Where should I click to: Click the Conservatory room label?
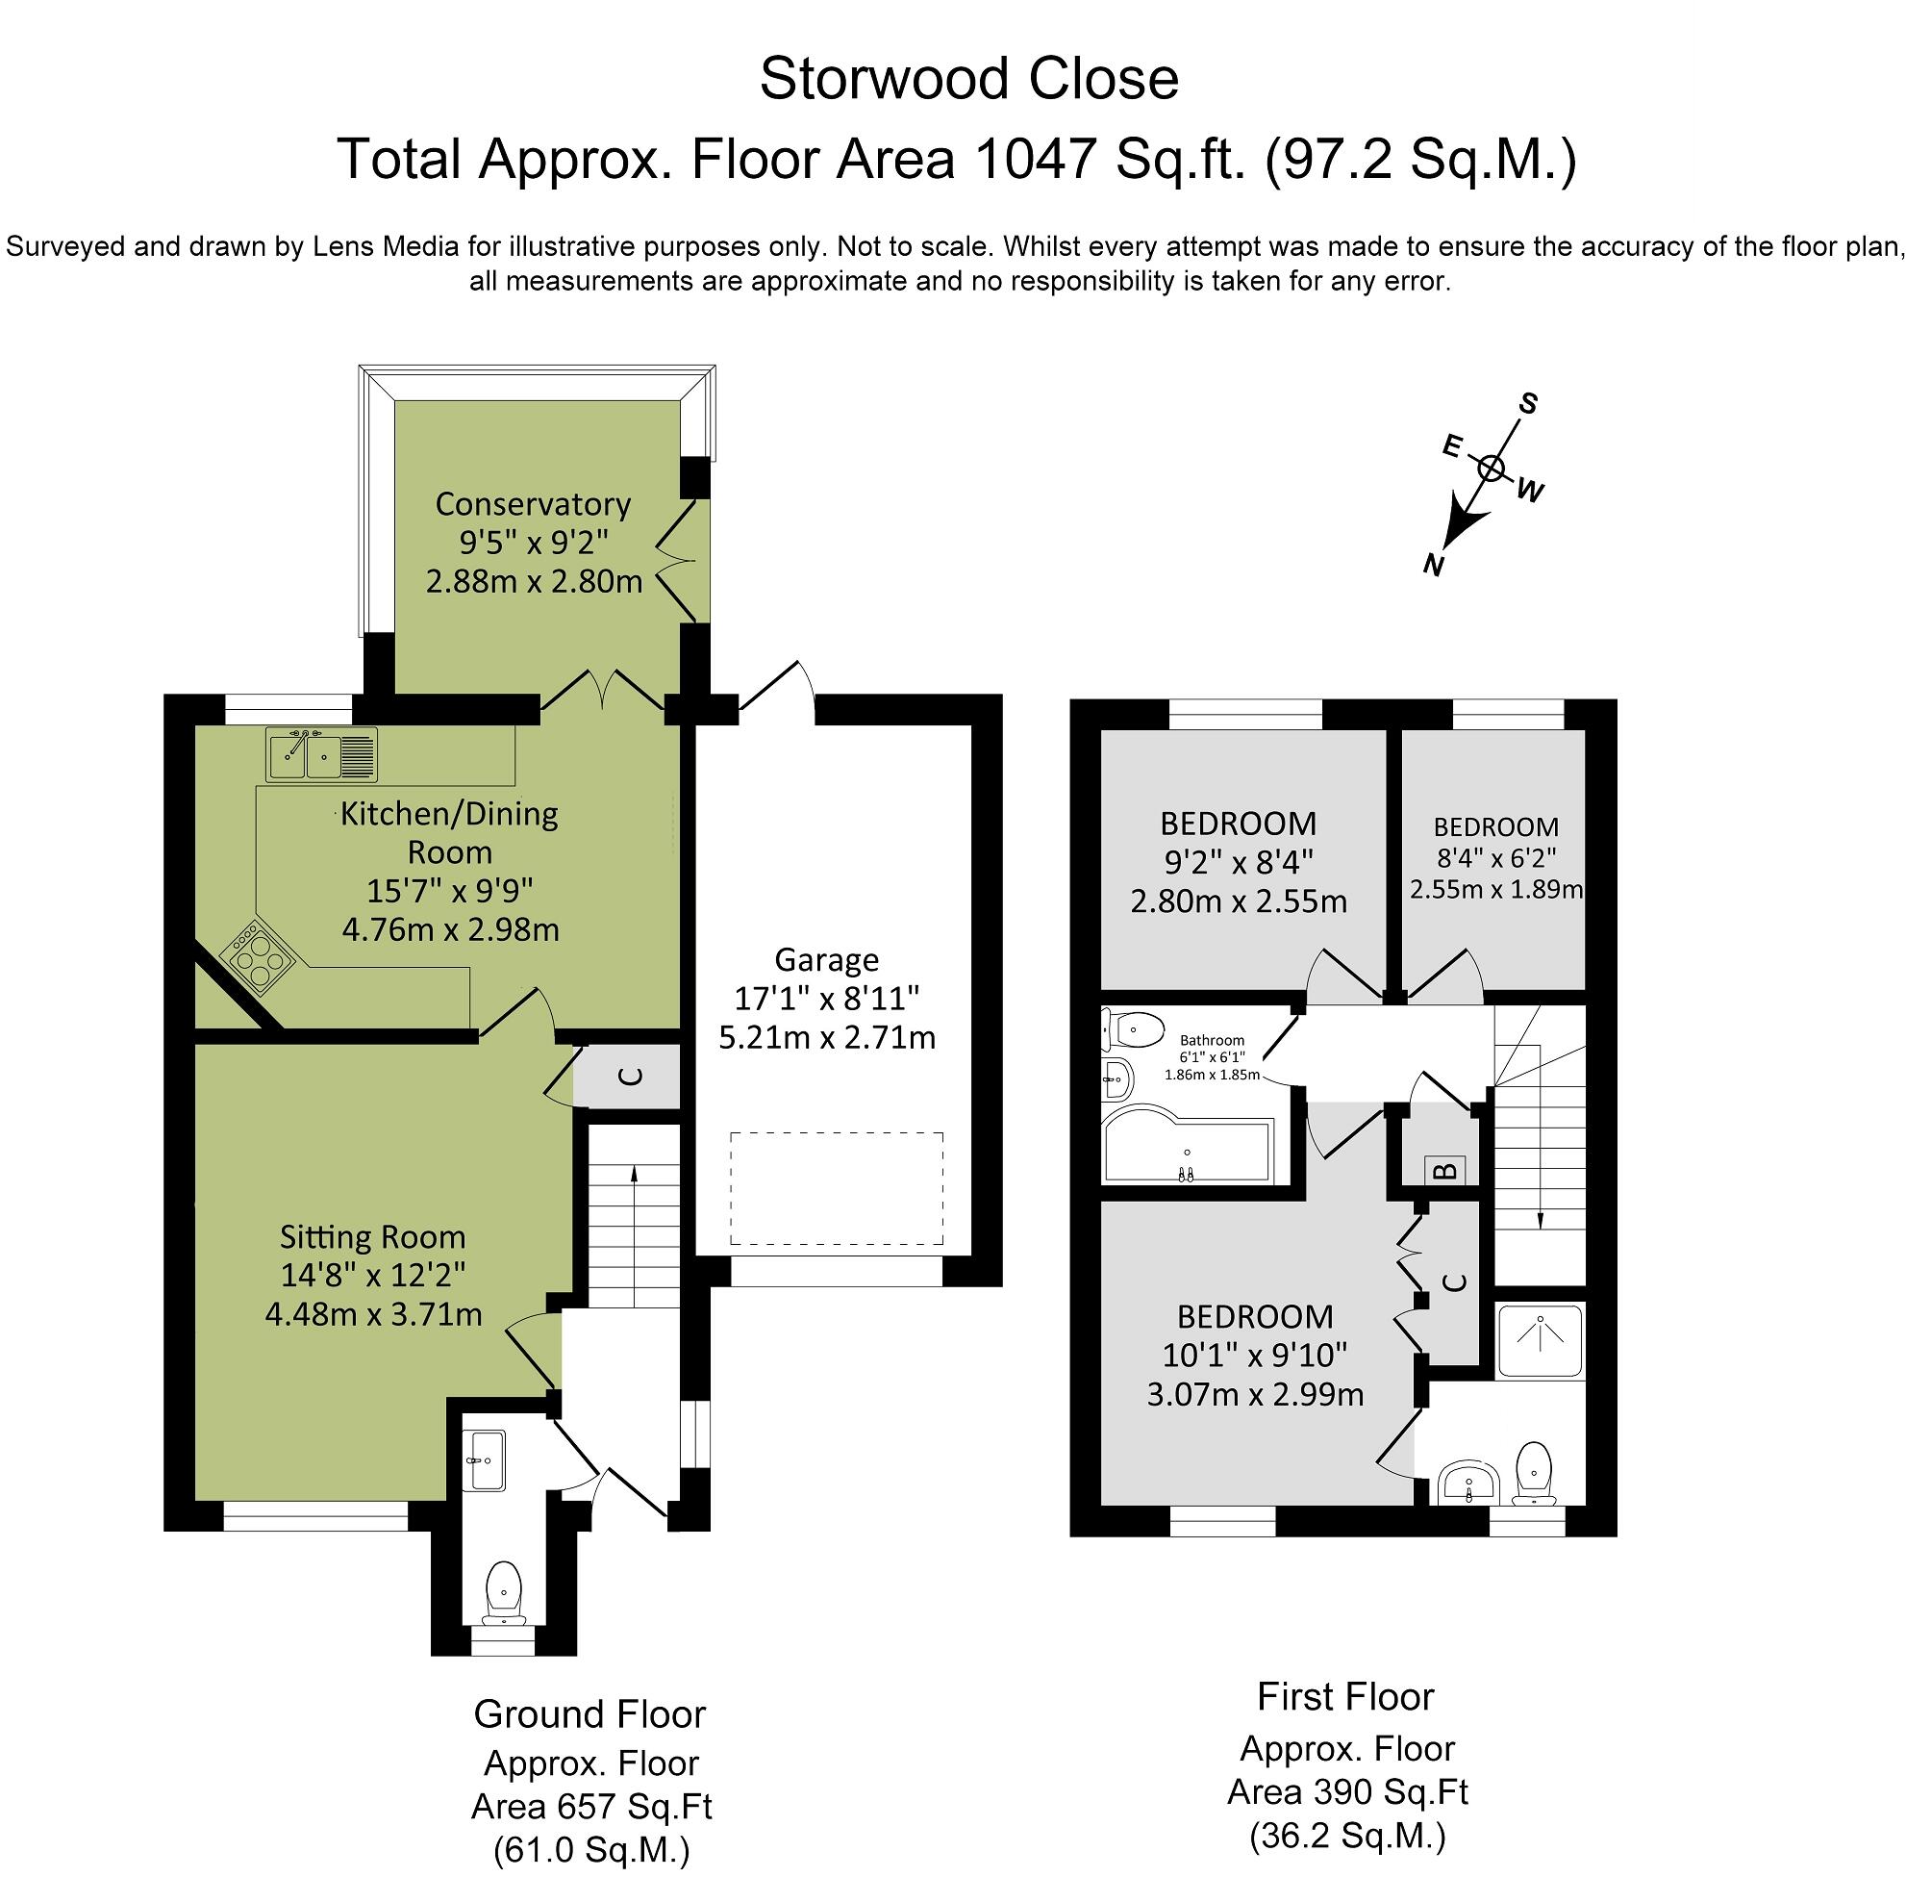click(532, 504)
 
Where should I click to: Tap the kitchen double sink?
click(319, 754)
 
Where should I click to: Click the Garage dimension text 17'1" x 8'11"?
click(826, 998)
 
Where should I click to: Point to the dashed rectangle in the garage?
click(836, 1188)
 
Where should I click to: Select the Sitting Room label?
click(371, 1236)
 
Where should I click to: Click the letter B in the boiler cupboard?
click(1444, 1171)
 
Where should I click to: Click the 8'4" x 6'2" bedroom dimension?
click(1495, 857)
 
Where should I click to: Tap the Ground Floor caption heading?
click(589, 1713)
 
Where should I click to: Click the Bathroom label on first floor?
click(1212, 1040)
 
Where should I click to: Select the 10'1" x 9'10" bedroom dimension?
click(1254, 1355)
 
